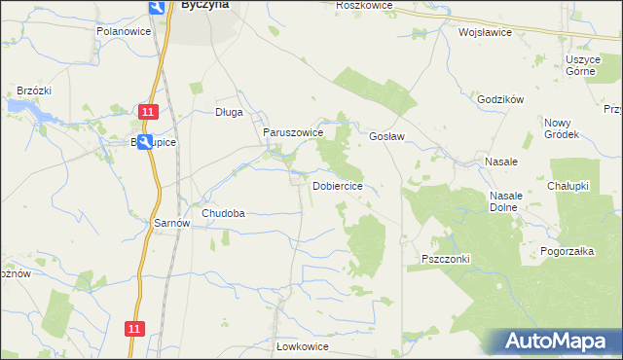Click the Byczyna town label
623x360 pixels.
pos(203,5)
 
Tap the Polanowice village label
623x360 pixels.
pos(121,31)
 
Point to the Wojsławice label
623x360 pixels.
pos(485,31)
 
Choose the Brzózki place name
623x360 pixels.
pos(34,90)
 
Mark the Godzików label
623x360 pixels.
pos(501,99)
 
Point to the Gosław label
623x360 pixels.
pos(386,136)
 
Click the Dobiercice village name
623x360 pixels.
pos(338,186)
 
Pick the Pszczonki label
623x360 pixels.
pos(446,259)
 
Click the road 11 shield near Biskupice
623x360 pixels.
pos(147,113)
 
